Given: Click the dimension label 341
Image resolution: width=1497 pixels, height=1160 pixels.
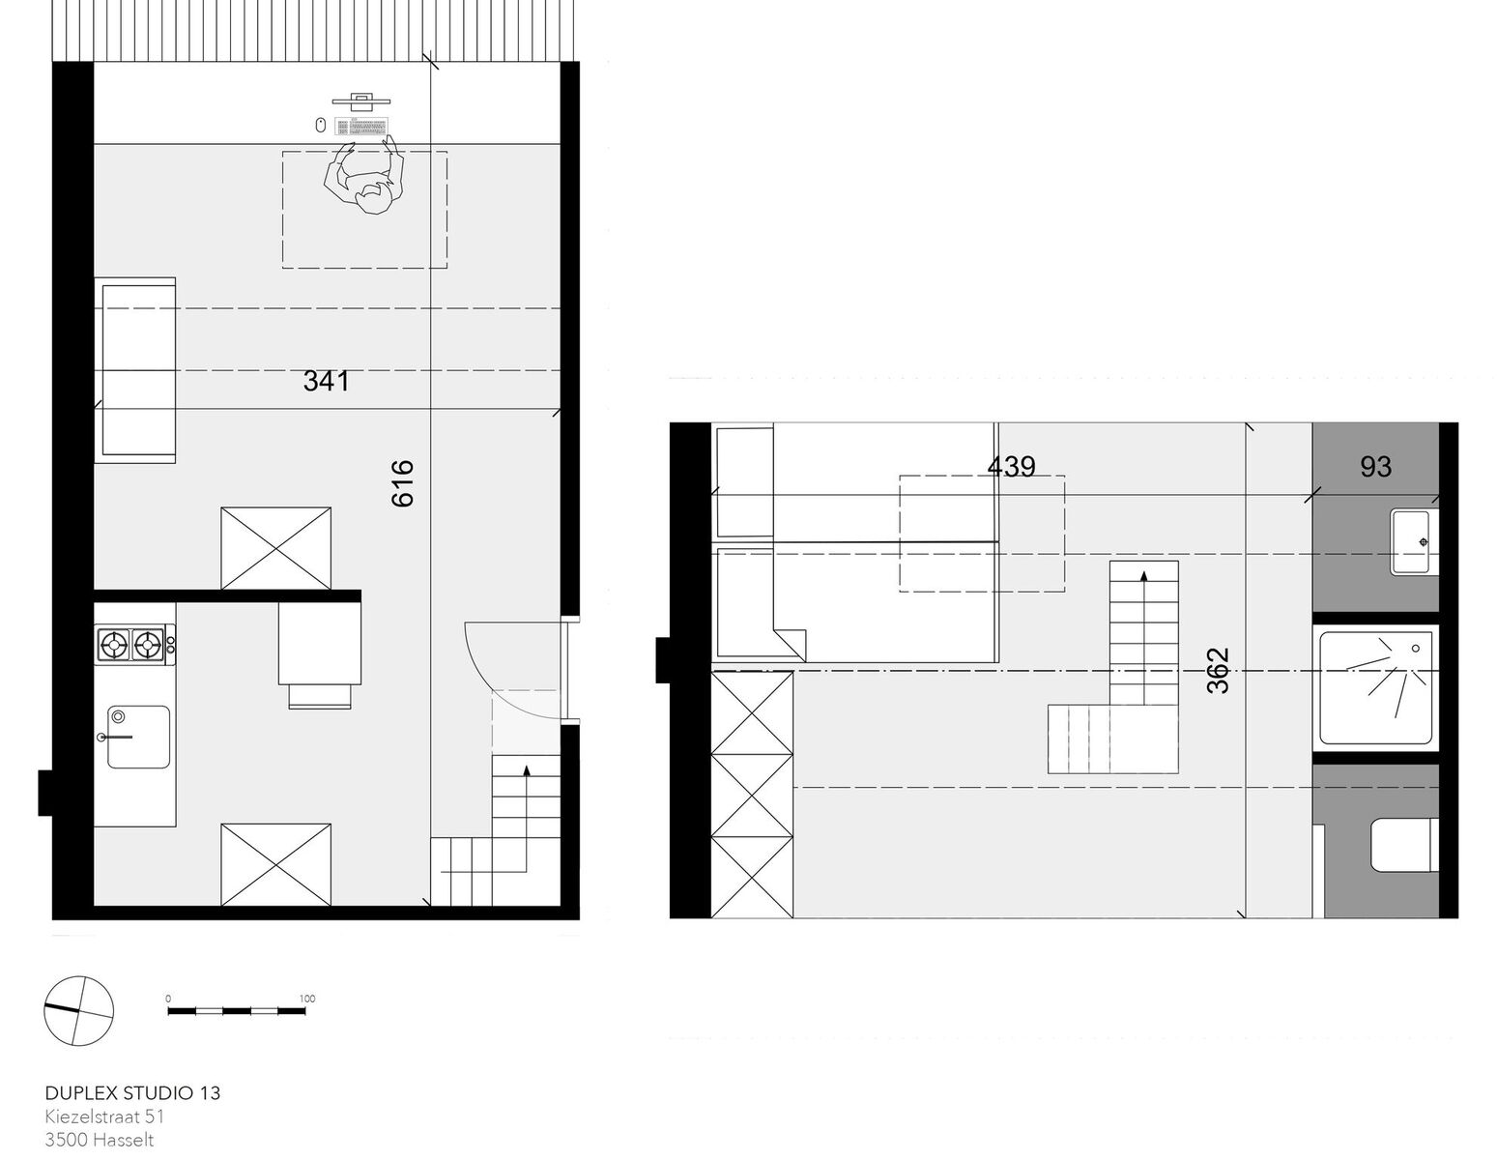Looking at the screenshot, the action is coord(326,381).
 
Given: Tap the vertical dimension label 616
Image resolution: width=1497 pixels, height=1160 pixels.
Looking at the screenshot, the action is coord(402,483).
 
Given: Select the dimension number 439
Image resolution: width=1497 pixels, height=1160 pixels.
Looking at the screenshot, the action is coord(1011,466).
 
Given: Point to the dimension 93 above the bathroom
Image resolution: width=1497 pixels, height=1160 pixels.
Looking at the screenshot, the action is coord(1375,467).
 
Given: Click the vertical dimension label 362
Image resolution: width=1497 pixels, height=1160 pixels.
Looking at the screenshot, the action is coord(1218,670).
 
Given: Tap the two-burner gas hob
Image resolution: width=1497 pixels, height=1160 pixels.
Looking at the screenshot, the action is coord(135,645).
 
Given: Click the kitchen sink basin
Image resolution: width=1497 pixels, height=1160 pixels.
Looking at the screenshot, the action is coord(138,737).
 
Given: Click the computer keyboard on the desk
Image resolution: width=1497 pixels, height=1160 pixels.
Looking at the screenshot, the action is coord(361,126).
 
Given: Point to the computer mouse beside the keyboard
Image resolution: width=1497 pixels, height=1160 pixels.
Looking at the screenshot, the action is coord(320,126).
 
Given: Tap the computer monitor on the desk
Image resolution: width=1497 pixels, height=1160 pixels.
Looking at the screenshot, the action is coord(360,101).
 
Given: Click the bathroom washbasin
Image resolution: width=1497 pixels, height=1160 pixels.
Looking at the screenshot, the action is coord(1412,541).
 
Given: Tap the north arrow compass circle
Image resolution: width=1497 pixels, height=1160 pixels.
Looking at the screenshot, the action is coord(78,1010).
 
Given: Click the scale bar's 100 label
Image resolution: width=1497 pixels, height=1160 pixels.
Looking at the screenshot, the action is coord(307,999).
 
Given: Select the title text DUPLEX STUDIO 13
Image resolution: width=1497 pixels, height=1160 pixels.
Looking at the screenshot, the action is coord(133,1092).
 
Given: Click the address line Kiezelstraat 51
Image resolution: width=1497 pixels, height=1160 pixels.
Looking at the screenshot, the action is coord(104,1116).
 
